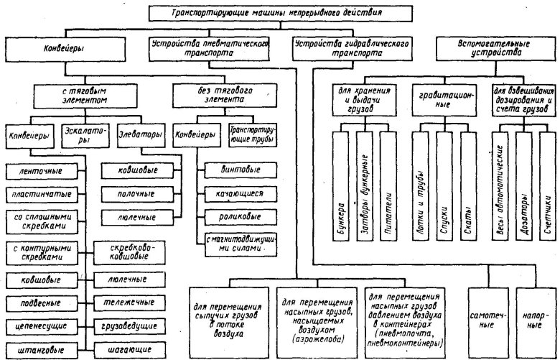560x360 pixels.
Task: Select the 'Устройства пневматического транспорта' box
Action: pyautogui.click(x=210, y=47)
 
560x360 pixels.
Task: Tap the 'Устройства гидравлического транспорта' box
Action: pyautogui.click(x=352, y=47)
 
